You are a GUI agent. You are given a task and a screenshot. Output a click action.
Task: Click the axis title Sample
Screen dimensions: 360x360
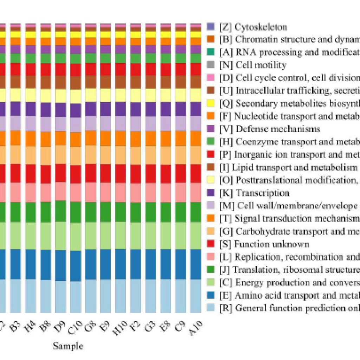click(x=68, y=346)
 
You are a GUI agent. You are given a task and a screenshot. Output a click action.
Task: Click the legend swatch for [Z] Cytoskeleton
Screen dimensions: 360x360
click(x=211, y=26)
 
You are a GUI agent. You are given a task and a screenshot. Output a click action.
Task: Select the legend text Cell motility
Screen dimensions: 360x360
click(x=261, y=65)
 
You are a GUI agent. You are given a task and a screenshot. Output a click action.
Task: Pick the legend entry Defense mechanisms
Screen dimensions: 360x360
click(x=278, y=129)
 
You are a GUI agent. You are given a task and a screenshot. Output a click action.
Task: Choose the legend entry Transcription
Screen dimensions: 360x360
click(x=263, y=193)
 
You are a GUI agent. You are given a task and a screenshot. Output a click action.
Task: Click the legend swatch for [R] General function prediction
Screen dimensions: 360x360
click(x=211, y=308)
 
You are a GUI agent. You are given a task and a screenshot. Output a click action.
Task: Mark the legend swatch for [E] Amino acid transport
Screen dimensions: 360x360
click(x=211, y=295)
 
